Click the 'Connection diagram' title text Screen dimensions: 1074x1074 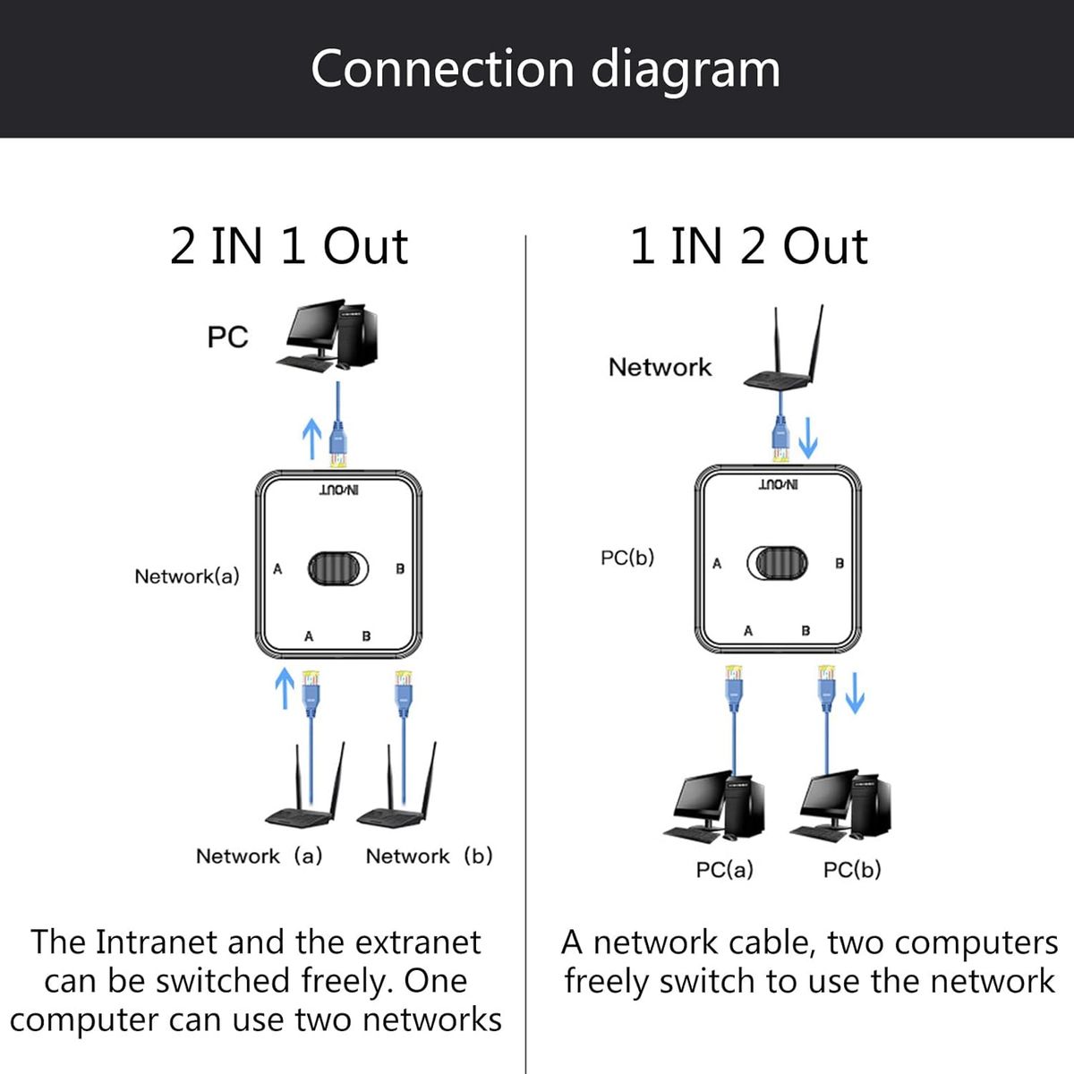click(545, 70)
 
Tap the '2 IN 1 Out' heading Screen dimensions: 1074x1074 click(289, 246)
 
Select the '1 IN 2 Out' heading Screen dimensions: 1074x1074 click(748, 246)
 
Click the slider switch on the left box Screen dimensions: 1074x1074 click(337, 567)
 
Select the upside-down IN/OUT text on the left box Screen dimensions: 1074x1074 click(339, 490)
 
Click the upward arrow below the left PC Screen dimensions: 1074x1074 click(311, 438)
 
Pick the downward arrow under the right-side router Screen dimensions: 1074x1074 click(807, 439)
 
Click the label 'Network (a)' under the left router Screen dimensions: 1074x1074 click(259, 857)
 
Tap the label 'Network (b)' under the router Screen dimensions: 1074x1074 click(429, 857)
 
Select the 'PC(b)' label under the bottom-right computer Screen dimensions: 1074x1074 click(852, 870)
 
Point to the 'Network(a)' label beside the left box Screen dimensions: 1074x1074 click(187, 576)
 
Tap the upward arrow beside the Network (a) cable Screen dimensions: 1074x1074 click(284, 687)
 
